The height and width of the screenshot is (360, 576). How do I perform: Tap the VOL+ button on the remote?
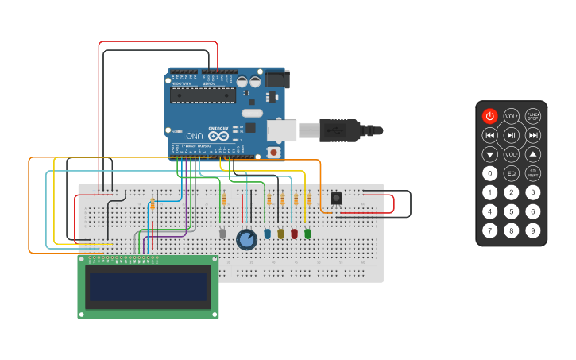pyautogui.click(x=512, y=116)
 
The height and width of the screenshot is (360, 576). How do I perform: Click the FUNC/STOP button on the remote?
pyautogui.click(x=533, y=116)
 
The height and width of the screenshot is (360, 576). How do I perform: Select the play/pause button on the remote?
pyautogui.click(x=512, y=135)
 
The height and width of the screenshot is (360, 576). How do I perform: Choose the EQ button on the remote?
pyautogui.click(x=512, y=173)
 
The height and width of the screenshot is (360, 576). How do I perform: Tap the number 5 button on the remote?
pyautogui.click(x=512, y=211)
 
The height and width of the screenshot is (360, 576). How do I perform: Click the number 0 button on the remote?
pyautogui.click(x=490, y=173)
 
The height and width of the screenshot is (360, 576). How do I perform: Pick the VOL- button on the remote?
pyautogui.click(x=512, y=154)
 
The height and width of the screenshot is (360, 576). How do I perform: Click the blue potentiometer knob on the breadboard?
pyautogui.click(x=247, y=239)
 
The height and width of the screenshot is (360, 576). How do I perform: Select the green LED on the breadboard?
pyautogui.click(x=307, y=234)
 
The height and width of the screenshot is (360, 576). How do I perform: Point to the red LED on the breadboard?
pyautogui.click(x=294, y=234)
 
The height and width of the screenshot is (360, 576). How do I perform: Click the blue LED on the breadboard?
pyautogui.click(x=267, y=234)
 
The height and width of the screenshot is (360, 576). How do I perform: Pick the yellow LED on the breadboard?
pyautogui.click(x=280, y=234)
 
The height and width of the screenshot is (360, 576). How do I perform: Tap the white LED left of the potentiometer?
pyautogui.click(x=222, y=234)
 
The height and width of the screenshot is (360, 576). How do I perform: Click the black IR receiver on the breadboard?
pyautogui.click(x=336, y=197)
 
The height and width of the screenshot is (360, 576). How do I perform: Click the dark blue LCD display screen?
pyautogui.click(x=148, y=286)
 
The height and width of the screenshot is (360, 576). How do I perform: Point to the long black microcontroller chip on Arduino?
pyautogui.click(x=203, y=96)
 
